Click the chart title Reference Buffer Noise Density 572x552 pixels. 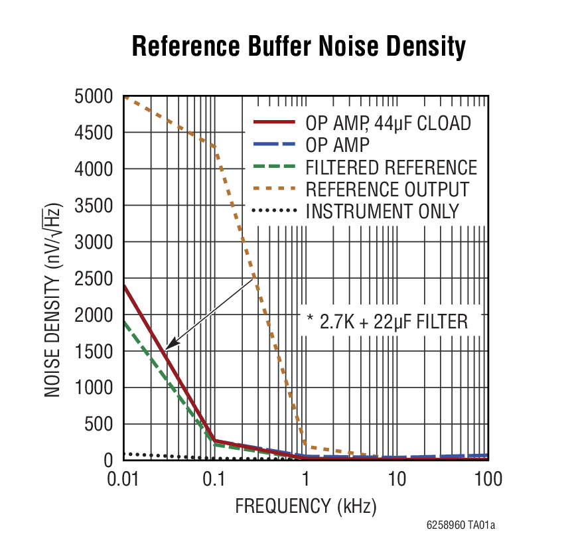[299, 48]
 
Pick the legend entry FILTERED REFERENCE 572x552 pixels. [391, 167]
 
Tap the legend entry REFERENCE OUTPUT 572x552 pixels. [387, 189]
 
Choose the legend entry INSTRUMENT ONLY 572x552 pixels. [382, 212]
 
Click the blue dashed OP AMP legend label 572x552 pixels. [338, 145]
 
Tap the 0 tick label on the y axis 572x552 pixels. [110, 460]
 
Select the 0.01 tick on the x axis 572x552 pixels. [123, 478]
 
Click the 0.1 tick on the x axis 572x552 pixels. [214, 478]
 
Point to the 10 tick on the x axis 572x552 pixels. [397, 478]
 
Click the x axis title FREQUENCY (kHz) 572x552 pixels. [306, 507]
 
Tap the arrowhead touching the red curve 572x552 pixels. [169, 346]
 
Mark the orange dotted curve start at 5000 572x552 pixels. [125, 98]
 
